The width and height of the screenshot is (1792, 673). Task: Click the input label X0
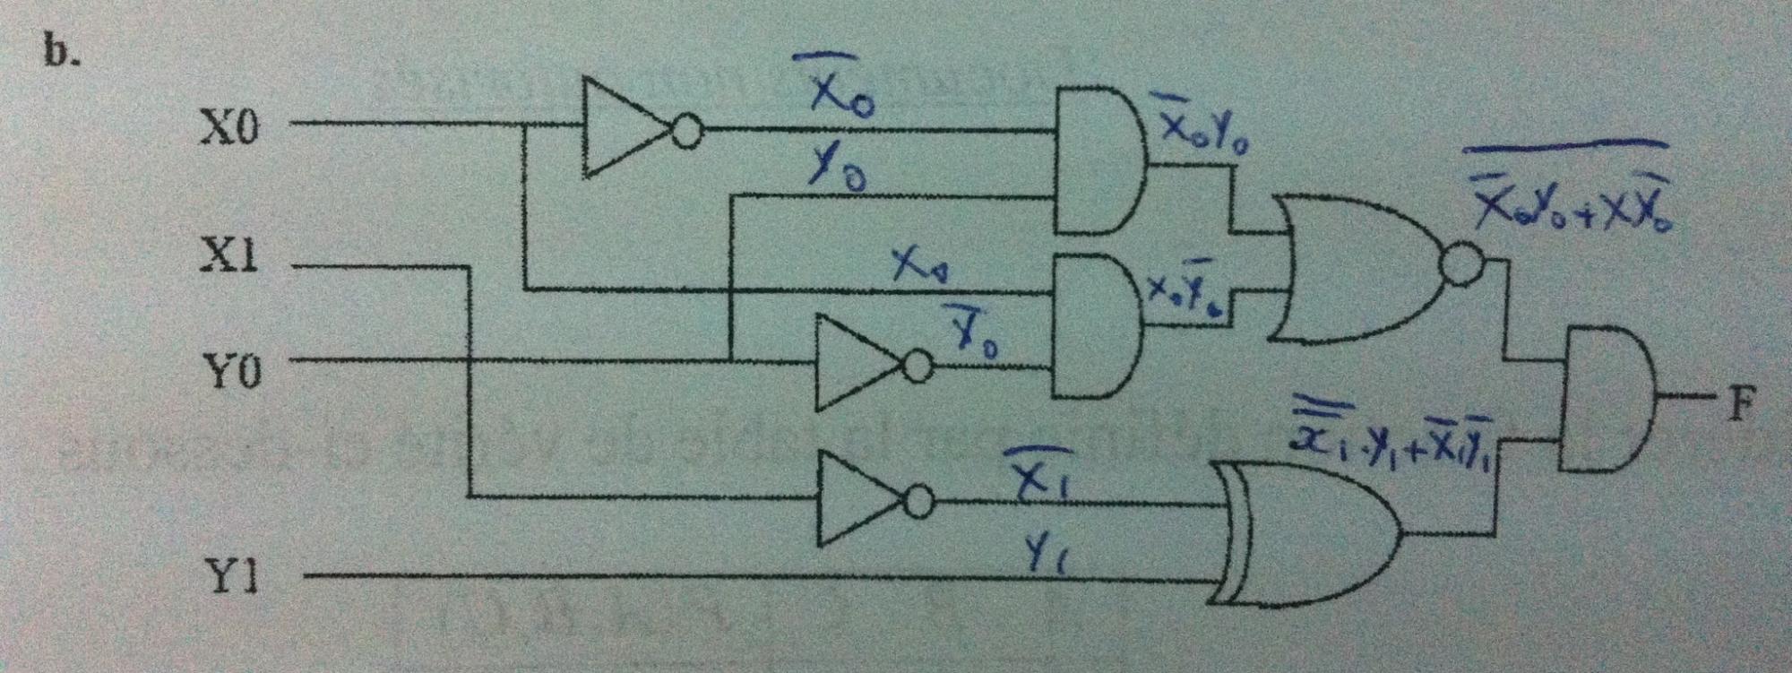coord(228,127)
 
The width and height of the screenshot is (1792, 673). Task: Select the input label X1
coord(228,257)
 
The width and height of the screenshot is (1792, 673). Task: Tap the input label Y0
coord(231,369)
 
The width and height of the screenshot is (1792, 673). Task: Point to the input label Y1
coord(231,578)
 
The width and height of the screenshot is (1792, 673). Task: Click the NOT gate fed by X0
coord(627,130)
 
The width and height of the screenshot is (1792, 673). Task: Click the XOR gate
coord(1308,532)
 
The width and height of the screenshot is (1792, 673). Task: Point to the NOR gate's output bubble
coord(1461,265)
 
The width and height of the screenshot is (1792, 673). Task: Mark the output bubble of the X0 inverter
coord(686,133)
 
